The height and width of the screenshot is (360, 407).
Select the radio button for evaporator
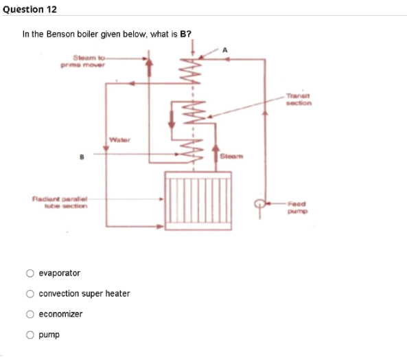pos(31,273)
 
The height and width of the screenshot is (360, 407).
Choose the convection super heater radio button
pos(31,293)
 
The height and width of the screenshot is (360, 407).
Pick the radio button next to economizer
pos(31,314)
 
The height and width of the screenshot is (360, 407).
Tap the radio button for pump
pos(31,335)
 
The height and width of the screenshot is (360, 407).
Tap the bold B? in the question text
pos(185,33)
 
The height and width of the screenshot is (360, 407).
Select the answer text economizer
pos(60,314)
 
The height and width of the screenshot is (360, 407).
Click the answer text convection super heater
pos(84,293)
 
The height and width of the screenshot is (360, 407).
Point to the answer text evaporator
pos(59,273)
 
